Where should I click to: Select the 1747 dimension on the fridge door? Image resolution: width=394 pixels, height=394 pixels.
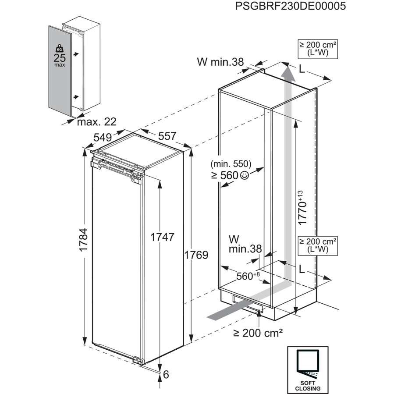(x=162, y=237)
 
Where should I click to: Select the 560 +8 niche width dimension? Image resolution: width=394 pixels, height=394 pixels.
(x=248, y=276)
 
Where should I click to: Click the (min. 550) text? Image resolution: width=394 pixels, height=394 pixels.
(x=231, y=164)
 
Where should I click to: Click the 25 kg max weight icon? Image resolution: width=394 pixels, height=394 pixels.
(x=59, y=55)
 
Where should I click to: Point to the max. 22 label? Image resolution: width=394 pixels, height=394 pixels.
(x=93, y=122)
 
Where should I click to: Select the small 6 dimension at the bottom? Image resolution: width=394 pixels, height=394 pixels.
(x=166, y=374)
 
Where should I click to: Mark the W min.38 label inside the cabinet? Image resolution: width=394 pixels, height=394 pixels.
(x=245, y=244)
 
